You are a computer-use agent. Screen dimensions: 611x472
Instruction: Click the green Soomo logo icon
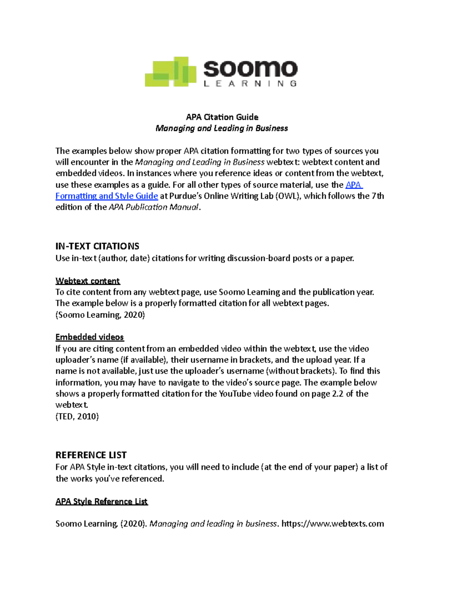click(170, 72)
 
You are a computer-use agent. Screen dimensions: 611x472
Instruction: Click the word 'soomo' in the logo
click(250, 69)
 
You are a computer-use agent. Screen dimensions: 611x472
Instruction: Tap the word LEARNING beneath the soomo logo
click(250, 84)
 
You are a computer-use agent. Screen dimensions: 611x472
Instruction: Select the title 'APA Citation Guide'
click(222, 117)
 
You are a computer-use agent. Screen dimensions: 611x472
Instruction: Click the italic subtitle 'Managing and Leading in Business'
click(221, 128)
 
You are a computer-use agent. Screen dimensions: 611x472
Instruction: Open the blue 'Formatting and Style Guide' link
click(107, 196)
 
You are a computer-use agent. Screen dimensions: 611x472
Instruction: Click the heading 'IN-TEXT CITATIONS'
click(97, 246)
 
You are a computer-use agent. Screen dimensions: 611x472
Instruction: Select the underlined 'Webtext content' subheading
click(87, 281)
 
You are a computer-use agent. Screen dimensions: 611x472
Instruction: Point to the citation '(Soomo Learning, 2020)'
click(100, 315)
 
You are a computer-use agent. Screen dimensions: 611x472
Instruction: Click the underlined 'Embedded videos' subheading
click(89, 337)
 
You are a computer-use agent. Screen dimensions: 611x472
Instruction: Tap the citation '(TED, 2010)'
click(77, 416)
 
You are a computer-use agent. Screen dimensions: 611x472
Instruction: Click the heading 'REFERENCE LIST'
click(91, 455)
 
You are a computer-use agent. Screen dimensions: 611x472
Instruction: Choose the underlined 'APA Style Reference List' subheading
click(101, 501)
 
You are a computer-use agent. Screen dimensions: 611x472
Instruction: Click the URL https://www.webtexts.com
click(333, 524)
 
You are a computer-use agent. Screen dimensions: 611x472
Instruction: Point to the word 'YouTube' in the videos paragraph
click(235, 394)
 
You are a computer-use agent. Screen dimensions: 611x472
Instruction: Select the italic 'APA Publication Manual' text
click(154, 207)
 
